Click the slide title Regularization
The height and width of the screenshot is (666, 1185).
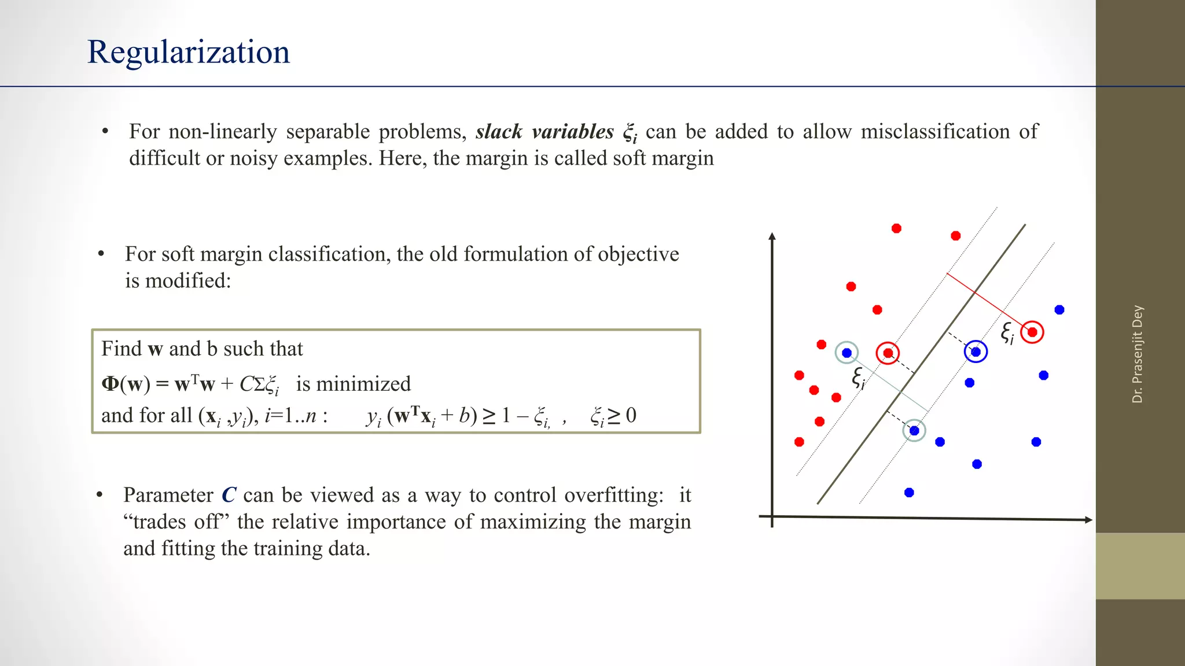point(188,52)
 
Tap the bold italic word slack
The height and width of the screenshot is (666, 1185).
point(499,132)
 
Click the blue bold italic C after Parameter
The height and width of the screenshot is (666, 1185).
point(229,495)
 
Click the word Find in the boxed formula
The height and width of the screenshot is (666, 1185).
point(121,349)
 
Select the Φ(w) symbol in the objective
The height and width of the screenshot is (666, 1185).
point(126,384)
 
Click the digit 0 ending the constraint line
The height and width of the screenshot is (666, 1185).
point(631,415)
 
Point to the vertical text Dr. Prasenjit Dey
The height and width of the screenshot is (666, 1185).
point(1138,354)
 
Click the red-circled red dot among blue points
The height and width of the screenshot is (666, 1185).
point(1032,332)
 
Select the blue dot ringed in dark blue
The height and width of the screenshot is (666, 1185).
point(976,351)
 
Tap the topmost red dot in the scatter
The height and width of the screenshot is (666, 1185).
point(896,228)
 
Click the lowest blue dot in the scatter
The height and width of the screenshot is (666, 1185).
point(909,493)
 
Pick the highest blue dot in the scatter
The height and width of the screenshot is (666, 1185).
point(1059,310)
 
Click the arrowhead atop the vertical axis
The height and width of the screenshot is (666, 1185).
point(772,236)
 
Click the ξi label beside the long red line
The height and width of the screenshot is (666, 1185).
point(1007,333)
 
